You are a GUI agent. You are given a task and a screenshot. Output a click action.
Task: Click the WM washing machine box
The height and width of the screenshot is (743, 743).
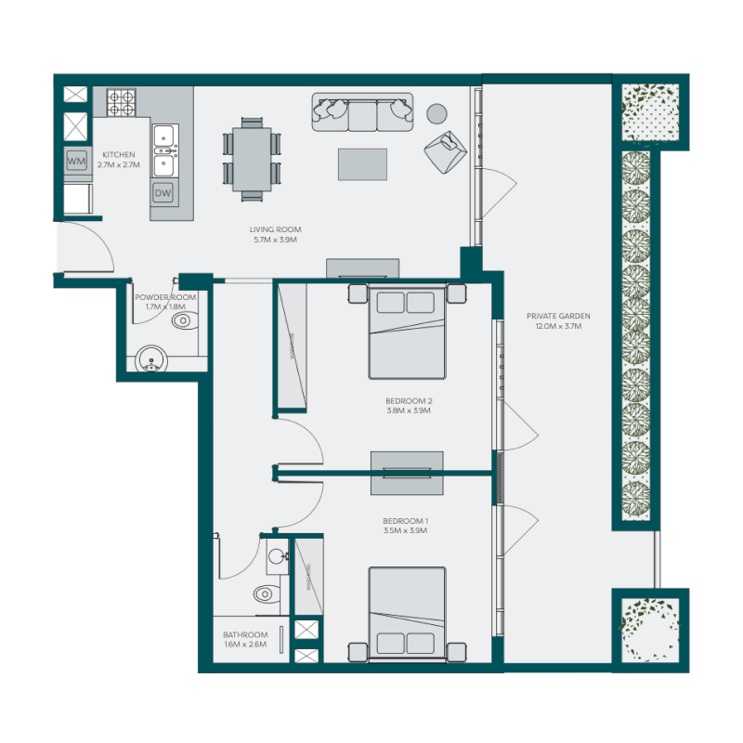[x=76, y=162]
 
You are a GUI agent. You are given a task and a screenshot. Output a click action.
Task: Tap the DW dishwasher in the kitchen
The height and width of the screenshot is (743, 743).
[x=163, y=193]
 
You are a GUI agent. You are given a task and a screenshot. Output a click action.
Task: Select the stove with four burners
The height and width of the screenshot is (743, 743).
[x=121, y=101]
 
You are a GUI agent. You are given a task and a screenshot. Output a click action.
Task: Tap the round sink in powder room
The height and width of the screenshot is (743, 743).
[x=150, y=358]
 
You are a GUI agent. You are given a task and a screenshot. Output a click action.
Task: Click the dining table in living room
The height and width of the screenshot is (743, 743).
[x=252, y=158]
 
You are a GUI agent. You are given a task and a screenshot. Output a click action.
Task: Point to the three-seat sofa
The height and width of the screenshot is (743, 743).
[x=362, y=112]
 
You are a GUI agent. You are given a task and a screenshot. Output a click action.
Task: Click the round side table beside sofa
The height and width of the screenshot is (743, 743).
[x=437, y=113]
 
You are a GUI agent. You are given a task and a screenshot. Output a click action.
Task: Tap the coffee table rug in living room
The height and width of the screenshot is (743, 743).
[x=362, y=163]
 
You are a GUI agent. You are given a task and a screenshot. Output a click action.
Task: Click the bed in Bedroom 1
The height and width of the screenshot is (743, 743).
[x=407, y=613]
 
